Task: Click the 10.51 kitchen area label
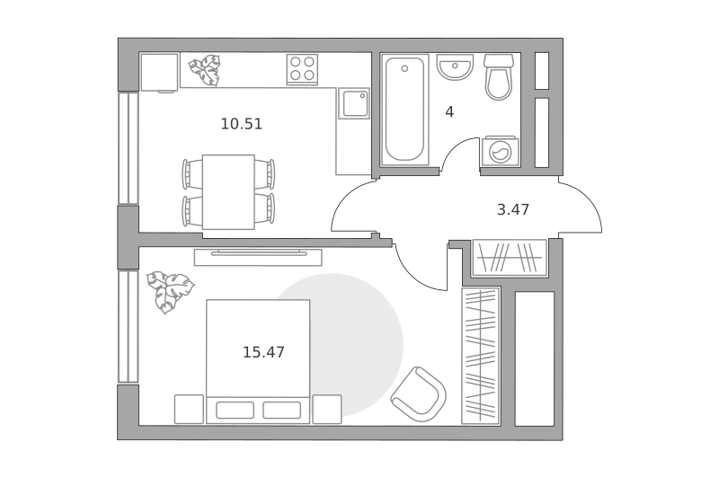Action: [241, 124]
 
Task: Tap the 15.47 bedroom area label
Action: [263, 352]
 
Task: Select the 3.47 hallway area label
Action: [513, 209]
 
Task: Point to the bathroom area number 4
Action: [449, 111]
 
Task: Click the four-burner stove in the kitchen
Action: [303, 69]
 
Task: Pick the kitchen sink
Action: [353, 103]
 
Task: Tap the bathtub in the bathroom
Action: [404, 110]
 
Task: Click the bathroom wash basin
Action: [455, 66]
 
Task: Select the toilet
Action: [499, 77]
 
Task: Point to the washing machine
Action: [501, 151]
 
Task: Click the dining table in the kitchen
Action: [228, 192]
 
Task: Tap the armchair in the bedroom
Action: [419, 393]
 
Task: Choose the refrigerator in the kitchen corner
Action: [159, 73]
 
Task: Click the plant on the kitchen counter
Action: [205, 70]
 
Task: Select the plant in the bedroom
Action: [170, 291]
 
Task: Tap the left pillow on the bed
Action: [235, 411]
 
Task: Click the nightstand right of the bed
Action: [327, 410]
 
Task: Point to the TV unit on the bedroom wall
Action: [258, 257]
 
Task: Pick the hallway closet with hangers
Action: [510, 258]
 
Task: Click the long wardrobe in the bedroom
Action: [480, 356]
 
